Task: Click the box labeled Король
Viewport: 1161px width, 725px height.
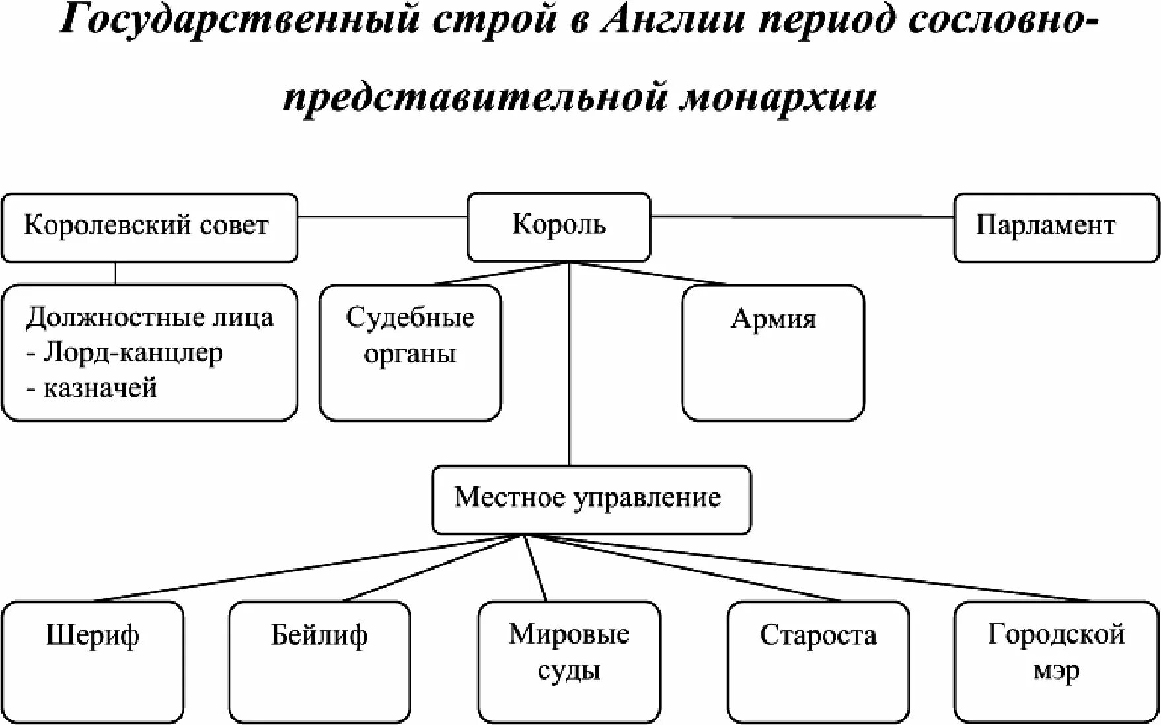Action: click(559, 226)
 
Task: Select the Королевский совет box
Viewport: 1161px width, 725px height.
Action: click(149, 227)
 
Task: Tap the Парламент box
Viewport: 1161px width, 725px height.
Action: click(1056, 227)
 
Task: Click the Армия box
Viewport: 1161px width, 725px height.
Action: click(772, 352)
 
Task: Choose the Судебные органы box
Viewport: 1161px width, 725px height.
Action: click(410, 352)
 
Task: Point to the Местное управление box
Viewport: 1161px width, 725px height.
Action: click(591, 499)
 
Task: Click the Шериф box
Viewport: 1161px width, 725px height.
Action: click(93, 661)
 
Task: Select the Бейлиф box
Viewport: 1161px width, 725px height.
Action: click(319, 661)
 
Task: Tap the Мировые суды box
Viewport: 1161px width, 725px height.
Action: click(569, 661)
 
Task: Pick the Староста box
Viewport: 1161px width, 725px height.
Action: click(817, 661)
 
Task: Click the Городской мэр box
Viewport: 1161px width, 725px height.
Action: click(1056, 661)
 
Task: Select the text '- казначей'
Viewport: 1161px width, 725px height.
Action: click(92, 388)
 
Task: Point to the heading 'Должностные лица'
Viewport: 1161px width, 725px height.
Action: click(149, 318)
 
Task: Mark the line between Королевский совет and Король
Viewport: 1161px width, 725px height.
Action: click(383, 217)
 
